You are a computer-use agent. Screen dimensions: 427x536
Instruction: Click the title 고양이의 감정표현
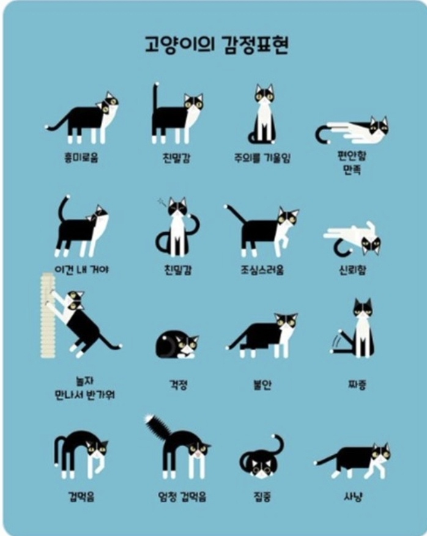click(x=217, y=45)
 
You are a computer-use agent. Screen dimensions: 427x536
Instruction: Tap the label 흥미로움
click(x=81, y=158)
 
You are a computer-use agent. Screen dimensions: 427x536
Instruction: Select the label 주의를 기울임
click(x=262, y=158)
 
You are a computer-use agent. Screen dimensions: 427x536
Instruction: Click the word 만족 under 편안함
click(x=352, y=169)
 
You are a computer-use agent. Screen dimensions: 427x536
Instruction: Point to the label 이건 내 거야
click(x=81, y=270)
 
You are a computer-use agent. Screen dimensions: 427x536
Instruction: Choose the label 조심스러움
click(x=262, y=270)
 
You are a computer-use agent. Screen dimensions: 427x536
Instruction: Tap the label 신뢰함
click(x=352, y=270)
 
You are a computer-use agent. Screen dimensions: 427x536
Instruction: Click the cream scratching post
click(x=48, y=315)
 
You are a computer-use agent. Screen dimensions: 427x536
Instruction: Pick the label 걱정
click(x=178, y=385)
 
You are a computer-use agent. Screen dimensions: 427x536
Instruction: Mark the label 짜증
click(x=357, y=385)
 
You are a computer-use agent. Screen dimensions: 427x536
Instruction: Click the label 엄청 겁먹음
click(x=182, y=496)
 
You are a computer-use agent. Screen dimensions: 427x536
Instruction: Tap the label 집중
click(x=262, y=496)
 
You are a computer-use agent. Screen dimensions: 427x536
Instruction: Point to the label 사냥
click(x=353, y=496)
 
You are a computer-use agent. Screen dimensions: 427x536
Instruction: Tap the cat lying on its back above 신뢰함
click(x=352, y=238)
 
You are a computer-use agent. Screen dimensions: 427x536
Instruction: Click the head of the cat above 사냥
click(x=381, y=453)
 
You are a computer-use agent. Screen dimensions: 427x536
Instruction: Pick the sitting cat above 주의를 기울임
click(x=262, y=114)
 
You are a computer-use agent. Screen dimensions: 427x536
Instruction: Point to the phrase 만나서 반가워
click(x=84, y=395)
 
